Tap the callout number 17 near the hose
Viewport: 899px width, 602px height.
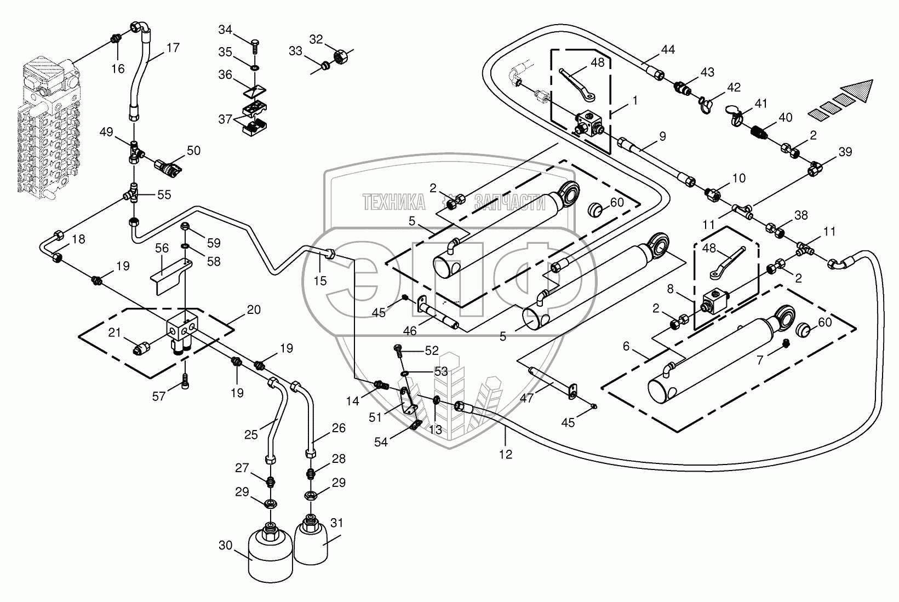pyautogui.click(x=173, y=48)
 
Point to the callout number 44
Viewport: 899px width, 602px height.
pyautogui.click(x=667, y=49)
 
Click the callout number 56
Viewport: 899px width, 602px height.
pyautogui.click(x=162, y=248)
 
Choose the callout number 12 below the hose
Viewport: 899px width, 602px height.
pyautogui.click(x=506, y=454)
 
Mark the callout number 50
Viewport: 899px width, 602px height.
pyautogui.click(x=193, y=151)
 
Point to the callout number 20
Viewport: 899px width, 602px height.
pyautogui.click(x=254, y=309)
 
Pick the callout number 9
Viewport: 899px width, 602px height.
pyautogui.click(x=662, y=136)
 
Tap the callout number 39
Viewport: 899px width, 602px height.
pyautogui.click(x=845, y=152)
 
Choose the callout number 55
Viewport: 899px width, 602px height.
pyautogui.click(x=164, y=194)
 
